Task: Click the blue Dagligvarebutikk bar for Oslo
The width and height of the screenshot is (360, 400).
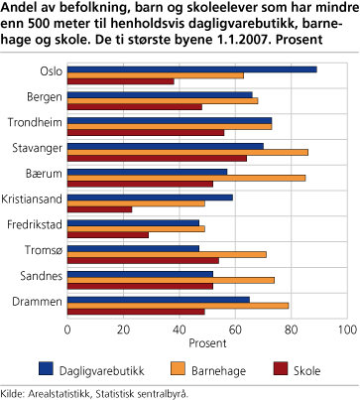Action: pos(191,69)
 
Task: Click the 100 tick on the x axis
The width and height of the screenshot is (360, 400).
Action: pos(346,328)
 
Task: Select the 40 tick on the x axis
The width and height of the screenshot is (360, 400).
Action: pos(179,328)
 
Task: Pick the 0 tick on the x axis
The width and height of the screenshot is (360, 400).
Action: pos(67,328)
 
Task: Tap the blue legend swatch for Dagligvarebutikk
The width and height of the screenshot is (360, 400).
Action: pos(45,369)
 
